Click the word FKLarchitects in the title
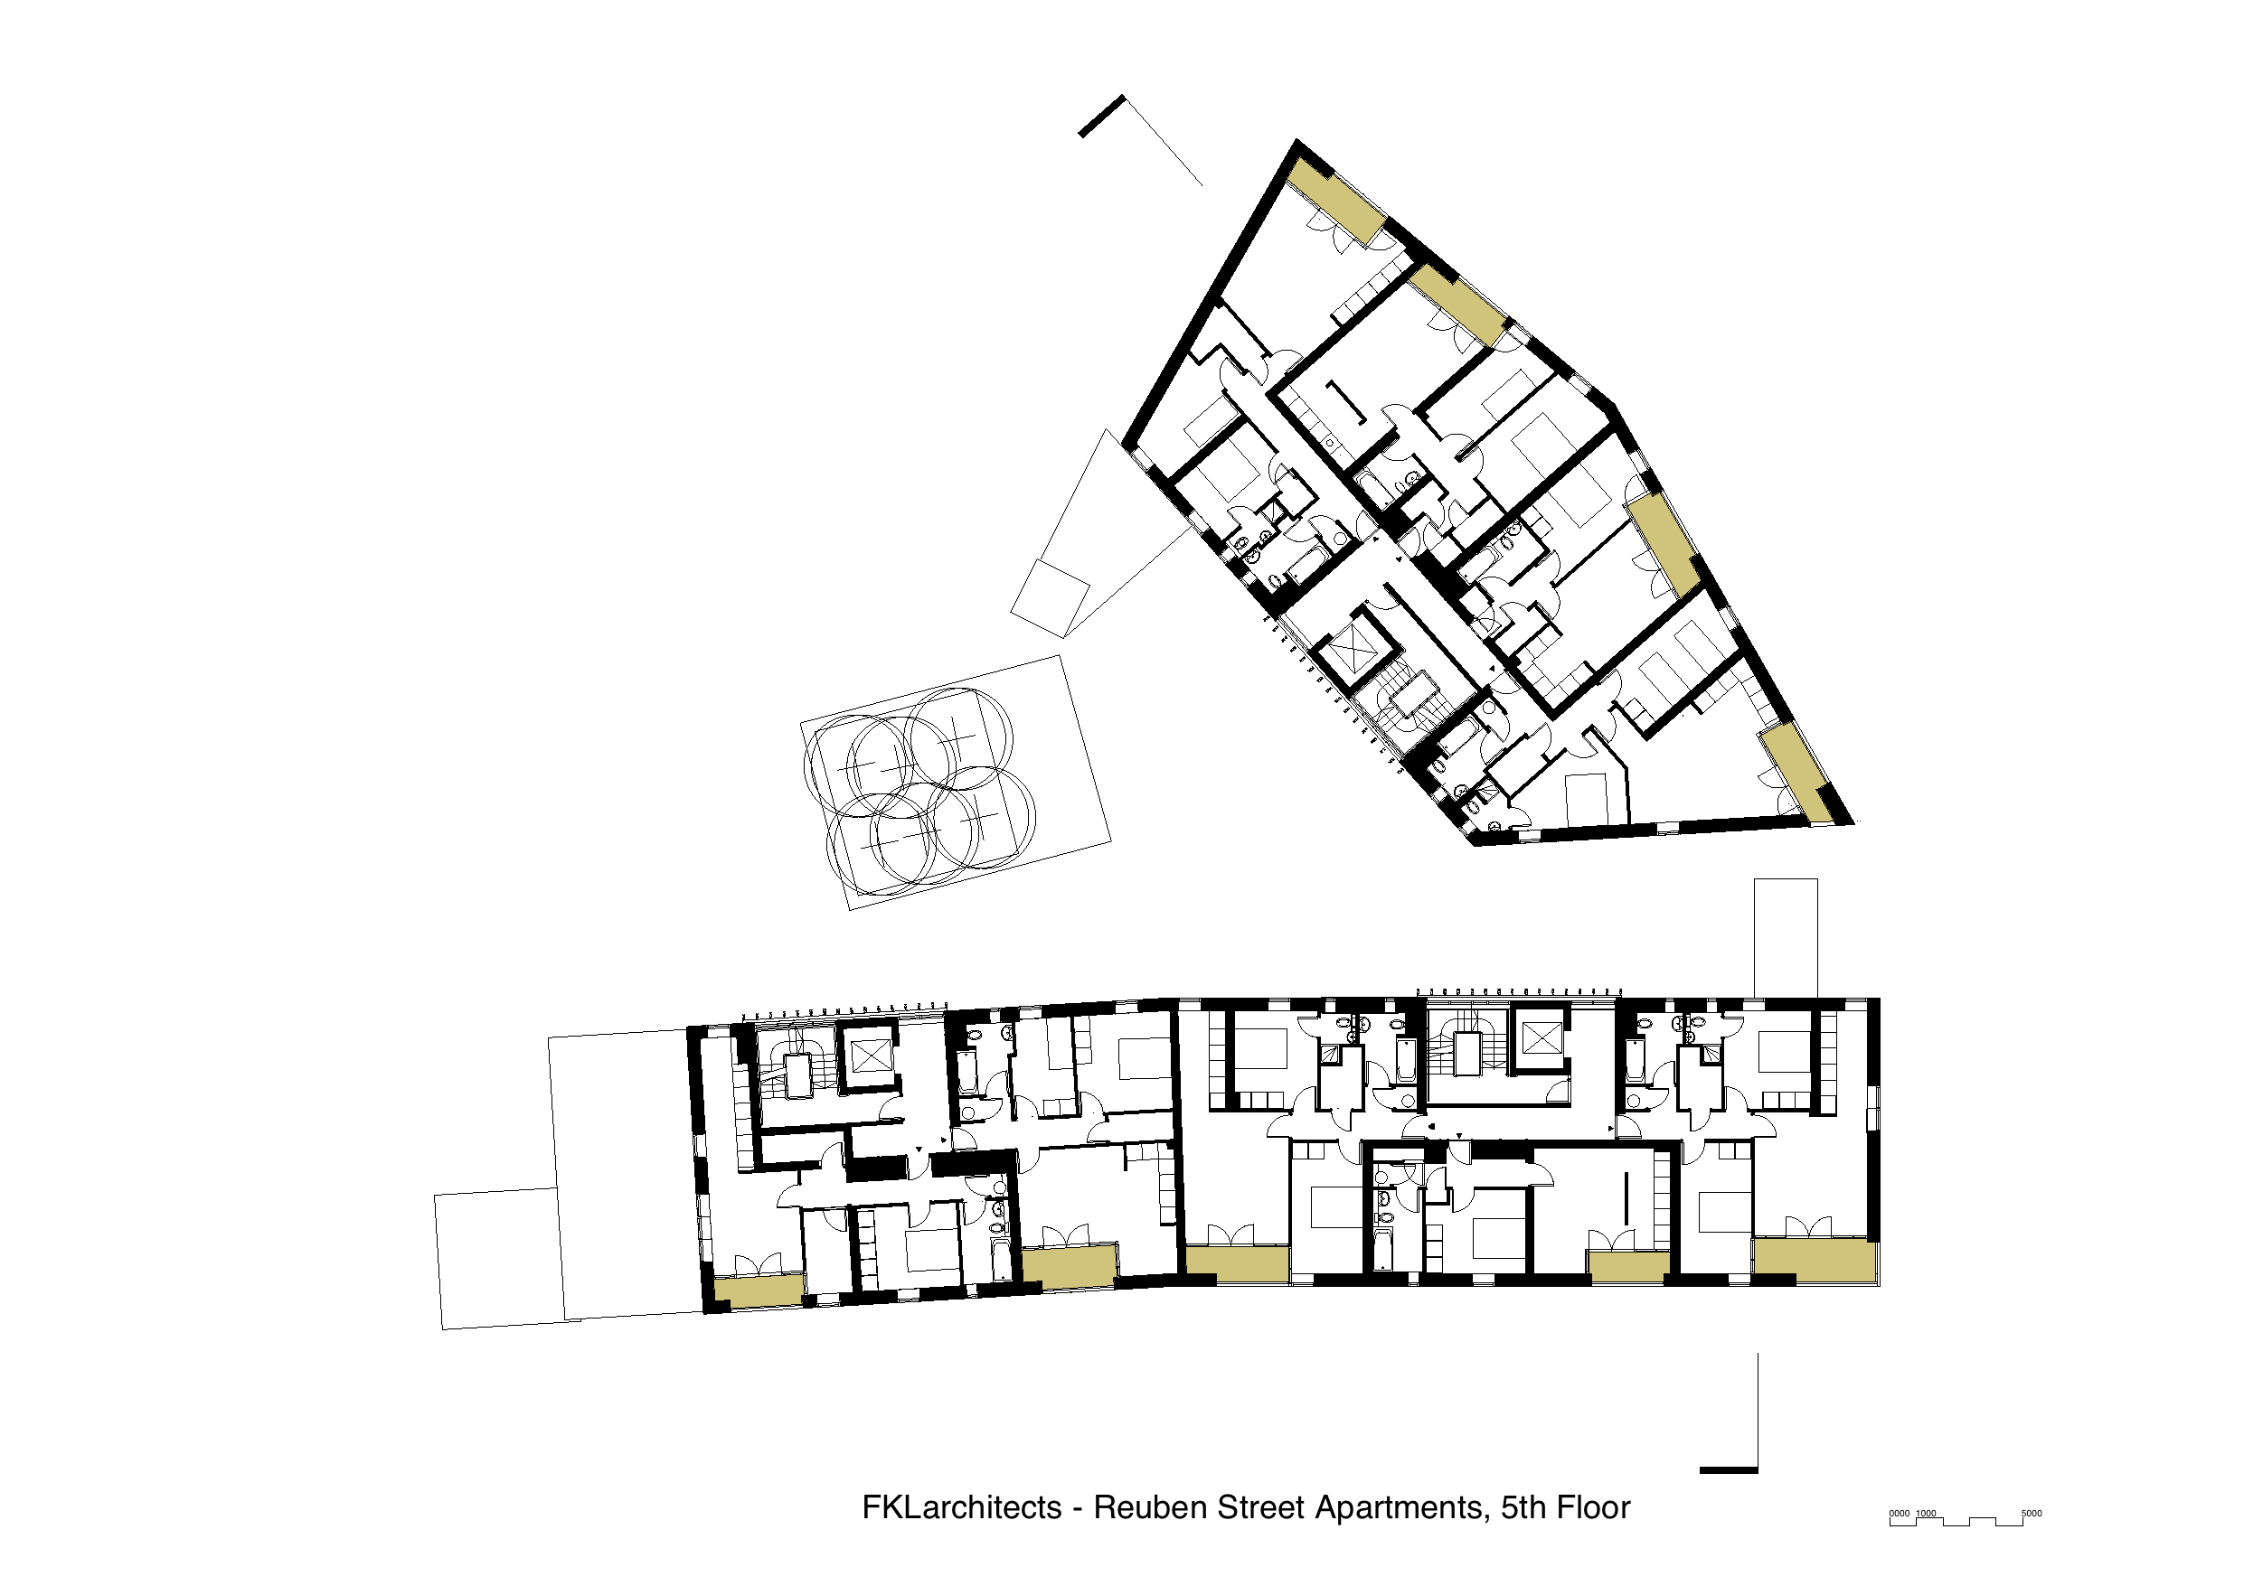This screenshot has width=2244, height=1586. pos(961,1507)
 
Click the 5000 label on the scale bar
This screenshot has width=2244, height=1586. pos(2031,1514)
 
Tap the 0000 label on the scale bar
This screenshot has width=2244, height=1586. pos(1899,1514)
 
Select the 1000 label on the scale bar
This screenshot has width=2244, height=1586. pos(1926,1514)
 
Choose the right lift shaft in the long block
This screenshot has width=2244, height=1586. pos(1542,1038)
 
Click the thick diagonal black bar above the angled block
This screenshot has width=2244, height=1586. pos(1101,117)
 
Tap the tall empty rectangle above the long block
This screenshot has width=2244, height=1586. pos(1786,937)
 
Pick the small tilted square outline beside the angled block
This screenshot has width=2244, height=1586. pos(1050,598)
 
